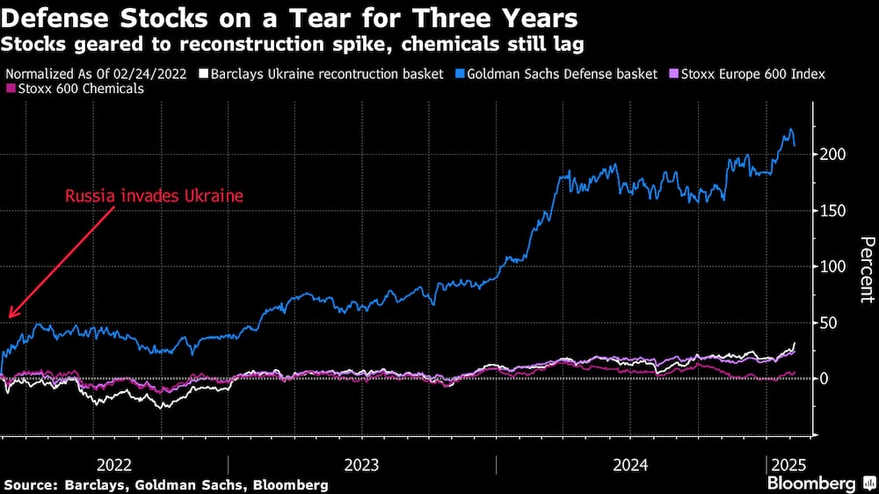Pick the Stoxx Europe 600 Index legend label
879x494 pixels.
tap(752, 75)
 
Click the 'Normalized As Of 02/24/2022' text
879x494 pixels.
tap(97, 75)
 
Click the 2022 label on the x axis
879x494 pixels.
tap(114, 465)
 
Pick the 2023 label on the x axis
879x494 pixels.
tap(360, 465)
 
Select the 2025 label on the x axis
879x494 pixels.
tap(787, 465)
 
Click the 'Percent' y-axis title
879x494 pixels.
tap(866, 269)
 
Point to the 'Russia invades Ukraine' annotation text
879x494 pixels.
tap(154, 196)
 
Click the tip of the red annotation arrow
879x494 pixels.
tap(9, 316)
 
